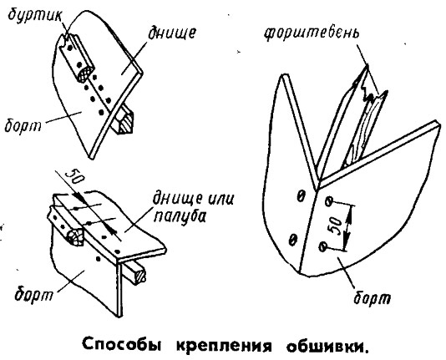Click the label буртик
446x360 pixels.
click(35, 15)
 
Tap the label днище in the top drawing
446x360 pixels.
click(172, 33)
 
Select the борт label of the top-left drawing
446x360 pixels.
click(23, 124)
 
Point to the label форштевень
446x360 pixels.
click(312, 34)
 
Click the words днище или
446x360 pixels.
click(193, 198)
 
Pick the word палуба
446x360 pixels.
click(180, 216)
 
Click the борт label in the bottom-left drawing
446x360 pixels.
click(34, 293)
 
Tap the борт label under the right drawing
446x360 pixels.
click(373, 297)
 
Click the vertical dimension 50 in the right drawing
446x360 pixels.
click(335, 226)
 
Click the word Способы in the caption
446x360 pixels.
click(122, 344)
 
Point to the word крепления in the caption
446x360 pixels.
click(224, 345)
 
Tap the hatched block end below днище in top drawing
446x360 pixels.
click(125, 123)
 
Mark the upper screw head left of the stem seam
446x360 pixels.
click(301, 196)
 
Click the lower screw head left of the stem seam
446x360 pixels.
click(292, 240)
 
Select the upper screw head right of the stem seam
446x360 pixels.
click(329, 201)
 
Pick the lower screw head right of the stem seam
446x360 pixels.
click(323, 246)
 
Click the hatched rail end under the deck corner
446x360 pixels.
click(140, 276)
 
